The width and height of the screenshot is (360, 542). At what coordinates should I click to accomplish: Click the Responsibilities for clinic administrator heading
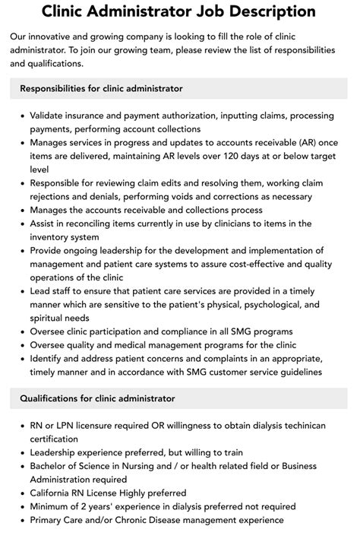(x=101, y=88)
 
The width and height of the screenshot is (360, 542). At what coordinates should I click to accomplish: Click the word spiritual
(x=51, y=318)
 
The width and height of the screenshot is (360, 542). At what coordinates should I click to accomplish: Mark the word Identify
(x=48, y=359)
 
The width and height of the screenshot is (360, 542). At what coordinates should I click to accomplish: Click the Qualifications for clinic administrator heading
(x=97, y=398)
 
